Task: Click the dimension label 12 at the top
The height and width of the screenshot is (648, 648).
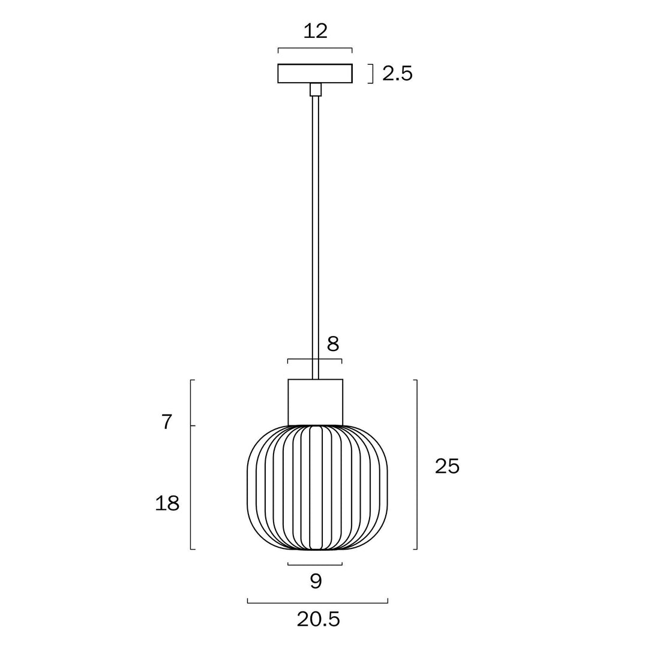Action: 315,31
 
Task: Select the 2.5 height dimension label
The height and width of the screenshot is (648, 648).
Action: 397,74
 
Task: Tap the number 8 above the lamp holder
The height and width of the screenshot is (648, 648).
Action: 333,344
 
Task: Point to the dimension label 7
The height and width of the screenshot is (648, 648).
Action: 167,422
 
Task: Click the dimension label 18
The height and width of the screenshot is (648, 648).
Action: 167,503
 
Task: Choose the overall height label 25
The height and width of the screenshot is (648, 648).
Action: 447,466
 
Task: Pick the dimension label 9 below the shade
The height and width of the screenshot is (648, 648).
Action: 316,581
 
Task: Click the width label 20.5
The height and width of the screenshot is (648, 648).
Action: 318,619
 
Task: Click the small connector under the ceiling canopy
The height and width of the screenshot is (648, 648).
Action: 316,90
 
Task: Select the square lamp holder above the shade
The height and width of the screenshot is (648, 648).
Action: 316,402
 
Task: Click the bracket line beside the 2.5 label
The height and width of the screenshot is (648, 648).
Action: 373,74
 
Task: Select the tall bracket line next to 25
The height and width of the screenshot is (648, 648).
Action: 416,464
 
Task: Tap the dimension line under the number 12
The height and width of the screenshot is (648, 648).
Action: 315,49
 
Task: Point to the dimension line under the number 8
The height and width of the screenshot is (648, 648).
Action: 315,359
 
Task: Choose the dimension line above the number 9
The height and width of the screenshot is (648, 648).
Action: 315,565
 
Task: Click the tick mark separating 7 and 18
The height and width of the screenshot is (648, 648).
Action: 193,425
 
